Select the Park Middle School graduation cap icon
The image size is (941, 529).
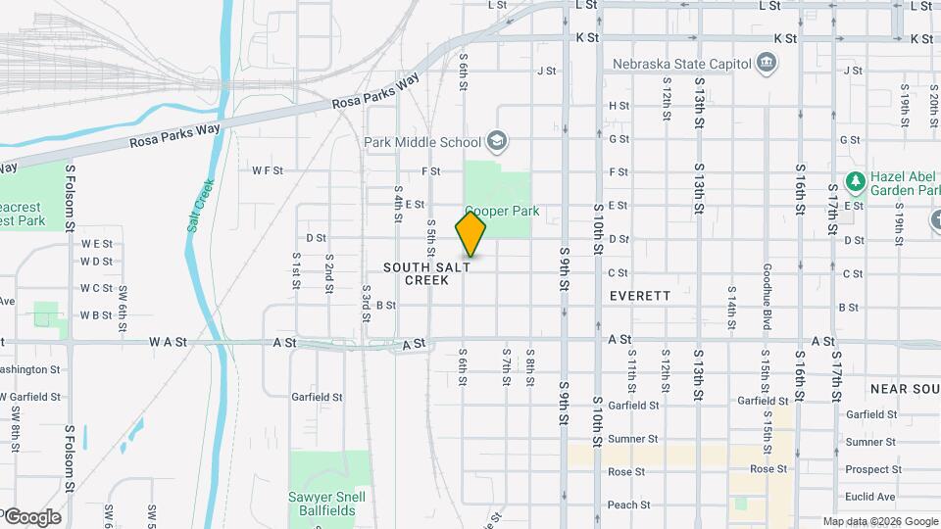[x=497, y=142]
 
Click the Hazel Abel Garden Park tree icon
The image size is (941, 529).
[x=855, y=181]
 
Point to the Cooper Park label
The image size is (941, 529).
[x=502, y=211]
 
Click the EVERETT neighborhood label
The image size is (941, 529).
[x=639, y=295]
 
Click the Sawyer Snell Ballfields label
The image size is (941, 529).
[x=328, y=504]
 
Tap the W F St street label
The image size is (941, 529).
[x=267, y=170]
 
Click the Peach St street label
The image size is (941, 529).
[x=628, y=505]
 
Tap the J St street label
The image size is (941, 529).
[x=546, y=71]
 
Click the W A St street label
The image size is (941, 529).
[x=168, y=342]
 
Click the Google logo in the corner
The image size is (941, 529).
[x=31, y=516]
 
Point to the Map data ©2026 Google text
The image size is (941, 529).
[x=879, y=521]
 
